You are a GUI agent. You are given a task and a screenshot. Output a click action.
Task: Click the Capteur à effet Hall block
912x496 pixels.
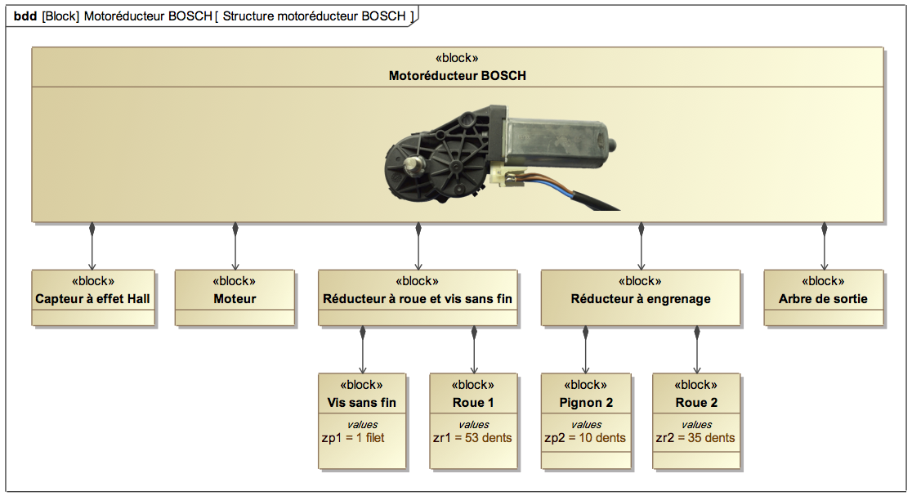point(93,297)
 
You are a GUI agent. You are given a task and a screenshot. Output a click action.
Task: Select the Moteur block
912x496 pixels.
point(235,297)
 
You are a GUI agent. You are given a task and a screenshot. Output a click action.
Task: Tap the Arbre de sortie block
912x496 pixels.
point(824,297)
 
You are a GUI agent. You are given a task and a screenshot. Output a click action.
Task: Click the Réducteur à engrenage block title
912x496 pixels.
point(641,299)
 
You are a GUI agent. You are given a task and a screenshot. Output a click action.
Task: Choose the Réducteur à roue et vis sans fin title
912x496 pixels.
point(418,299)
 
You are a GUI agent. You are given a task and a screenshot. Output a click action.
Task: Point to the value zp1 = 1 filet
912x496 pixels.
point(353,438)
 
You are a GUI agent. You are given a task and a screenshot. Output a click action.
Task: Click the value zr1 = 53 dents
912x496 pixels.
point(472,438)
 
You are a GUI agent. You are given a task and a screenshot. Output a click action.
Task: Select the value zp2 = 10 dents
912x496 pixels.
point(585,438)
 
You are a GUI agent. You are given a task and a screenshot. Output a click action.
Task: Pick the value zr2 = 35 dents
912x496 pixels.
point(695,438)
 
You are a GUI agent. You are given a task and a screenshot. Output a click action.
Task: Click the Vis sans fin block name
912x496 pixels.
point(362,402)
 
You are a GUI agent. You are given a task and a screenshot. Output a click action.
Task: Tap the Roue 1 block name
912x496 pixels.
point(473,402)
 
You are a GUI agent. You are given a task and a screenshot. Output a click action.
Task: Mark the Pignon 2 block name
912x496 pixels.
point(586,402)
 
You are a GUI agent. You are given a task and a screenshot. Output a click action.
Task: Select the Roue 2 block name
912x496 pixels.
point(696,402)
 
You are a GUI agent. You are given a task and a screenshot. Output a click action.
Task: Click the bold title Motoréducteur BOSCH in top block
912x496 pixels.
point(457,76)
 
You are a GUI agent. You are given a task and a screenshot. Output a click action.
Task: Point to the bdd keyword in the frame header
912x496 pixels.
point(25,16)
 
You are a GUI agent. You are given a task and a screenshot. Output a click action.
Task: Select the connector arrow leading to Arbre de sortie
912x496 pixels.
point(824,246)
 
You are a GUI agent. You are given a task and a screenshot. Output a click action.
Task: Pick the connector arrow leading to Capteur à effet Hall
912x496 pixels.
point(92,246)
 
